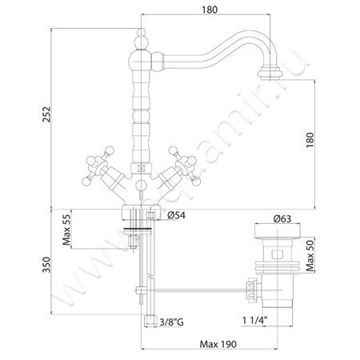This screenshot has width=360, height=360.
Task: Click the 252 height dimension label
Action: pos(46,114)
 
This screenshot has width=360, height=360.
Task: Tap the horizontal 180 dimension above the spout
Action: pos(210,10)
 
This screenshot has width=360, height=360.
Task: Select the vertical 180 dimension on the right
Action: pos(310,140)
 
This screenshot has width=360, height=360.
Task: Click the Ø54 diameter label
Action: pos(176,215)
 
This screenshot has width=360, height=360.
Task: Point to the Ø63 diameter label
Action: pos(282,219)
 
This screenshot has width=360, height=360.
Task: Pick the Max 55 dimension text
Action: pos(66,230)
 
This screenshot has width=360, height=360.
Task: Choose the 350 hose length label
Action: pos(46,265)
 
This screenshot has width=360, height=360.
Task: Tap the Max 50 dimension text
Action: pos(310,255)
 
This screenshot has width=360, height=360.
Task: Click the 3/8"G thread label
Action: pos(171,322)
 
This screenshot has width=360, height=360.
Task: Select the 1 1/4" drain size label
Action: pos(255,320)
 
